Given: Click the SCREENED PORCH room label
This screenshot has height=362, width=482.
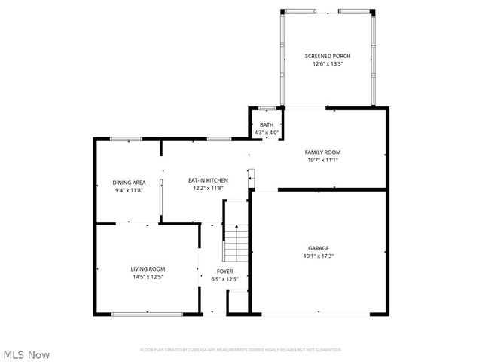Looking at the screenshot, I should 327,57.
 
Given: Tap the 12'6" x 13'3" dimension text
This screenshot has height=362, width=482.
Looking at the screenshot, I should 327,64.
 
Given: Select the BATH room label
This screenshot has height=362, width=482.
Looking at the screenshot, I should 267,125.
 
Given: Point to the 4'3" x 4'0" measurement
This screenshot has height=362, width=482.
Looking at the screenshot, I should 267,133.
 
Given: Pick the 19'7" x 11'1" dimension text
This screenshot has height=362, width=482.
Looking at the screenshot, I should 322,160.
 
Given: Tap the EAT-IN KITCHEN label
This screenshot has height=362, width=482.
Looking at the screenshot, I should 208,180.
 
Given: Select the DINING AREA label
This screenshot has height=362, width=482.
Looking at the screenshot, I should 129,183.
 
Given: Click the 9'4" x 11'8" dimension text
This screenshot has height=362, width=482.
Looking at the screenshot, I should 129,190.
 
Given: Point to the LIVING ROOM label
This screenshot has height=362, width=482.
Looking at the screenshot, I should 148,269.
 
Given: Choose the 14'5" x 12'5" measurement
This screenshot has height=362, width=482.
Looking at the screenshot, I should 148,277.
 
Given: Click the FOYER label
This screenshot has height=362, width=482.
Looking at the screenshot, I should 224,271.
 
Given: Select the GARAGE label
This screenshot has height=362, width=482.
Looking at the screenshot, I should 318,248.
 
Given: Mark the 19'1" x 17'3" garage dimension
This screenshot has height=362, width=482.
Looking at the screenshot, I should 318,256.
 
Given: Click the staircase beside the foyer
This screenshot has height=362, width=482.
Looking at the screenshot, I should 236,242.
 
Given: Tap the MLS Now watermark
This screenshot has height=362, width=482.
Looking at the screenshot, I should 26,354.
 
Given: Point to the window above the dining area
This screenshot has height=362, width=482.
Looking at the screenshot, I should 126,139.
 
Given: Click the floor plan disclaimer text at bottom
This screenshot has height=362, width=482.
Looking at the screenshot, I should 241,350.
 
